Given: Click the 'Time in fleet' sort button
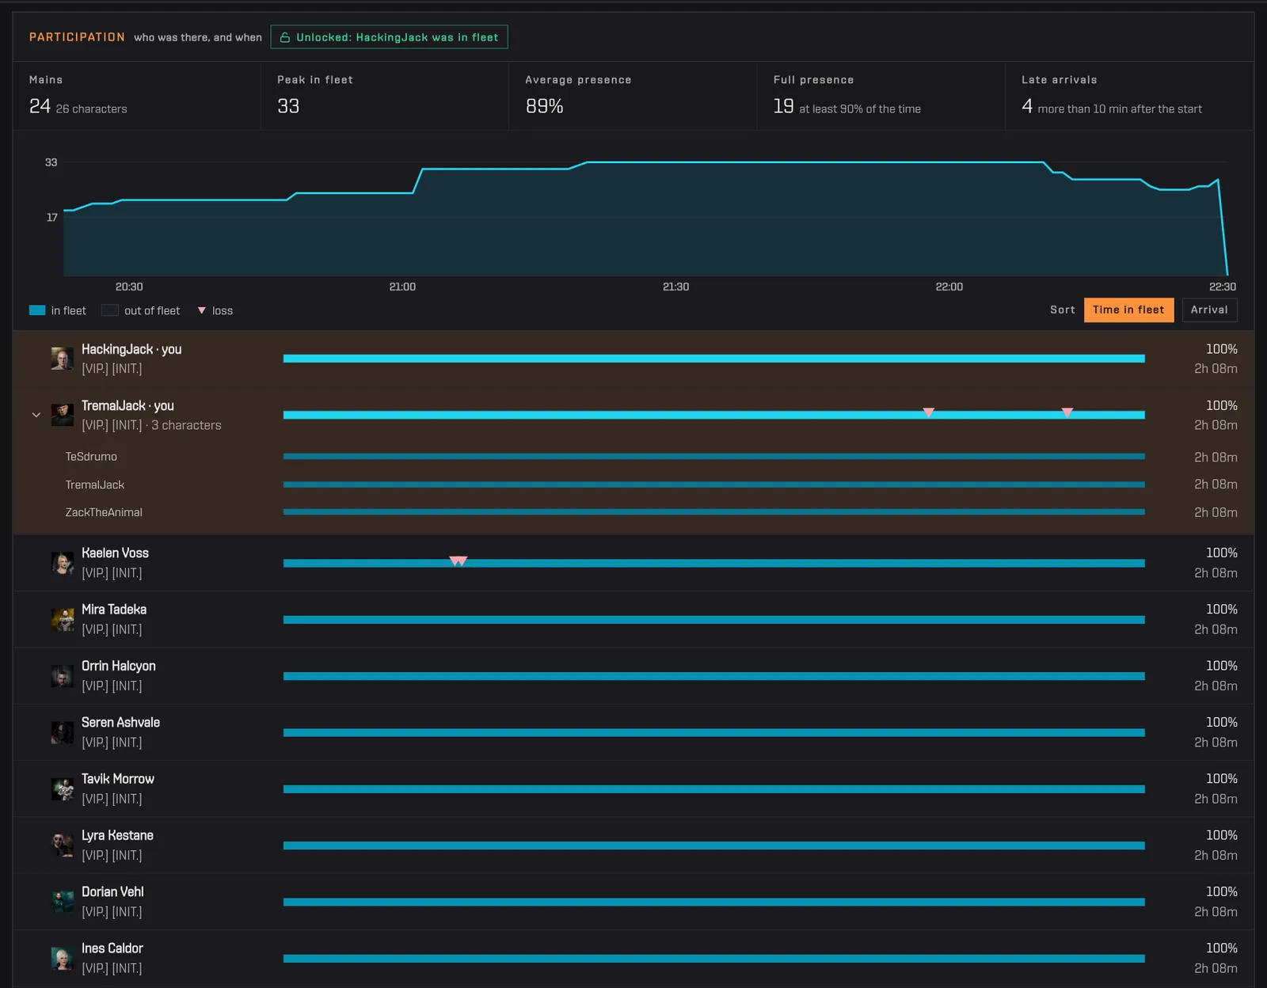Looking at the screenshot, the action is [x=1128, y=310].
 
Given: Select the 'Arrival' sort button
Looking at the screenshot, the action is [x=1209, y=310].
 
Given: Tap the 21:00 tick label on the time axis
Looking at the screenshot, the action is [x=402, y=287].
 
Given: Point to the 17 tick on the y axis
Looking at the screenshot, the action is [x=52, y=218].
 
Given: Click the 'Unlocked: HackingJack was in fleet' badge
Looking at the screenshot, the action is [x=389, y=37].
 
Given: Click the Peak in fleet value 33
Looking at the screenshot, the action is [x=288, y=106].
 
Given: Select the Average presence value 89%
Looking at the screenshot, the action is [x=544, y=106].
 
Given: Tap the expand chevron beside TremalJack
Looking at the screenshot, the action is [x=36, y=415].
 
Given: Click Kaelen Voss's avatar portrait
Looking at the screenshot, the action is [x=63, y=563].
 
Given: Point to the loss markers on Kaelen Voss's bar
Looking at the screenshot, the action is [x=458, y=560].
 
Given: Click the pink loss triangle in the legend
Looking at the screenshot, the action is [x=202, y=310].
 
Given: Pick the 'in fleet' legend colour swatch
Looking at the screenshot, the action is [x=37, y=310].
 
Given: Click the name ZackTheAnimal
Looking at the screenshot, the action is [x=104, y=512].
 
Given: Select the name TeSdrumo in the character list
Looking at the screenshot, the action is [x=91, y=457].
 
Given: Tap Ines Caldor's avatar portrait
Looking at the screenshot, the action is [x=63, y=958].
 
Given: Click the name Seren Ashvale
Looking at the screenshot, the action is [x=120, y=723].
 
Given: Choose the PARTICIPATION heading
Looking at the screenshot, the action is [x=77, y=37].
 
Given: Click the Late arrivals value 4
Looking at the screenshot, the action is [x=1027, y=106].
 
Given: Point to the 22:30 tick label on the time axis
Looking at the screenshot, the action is [x=1222, y=287].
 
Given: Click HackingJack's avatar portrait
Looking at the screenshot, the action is [x=63, y=359].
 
